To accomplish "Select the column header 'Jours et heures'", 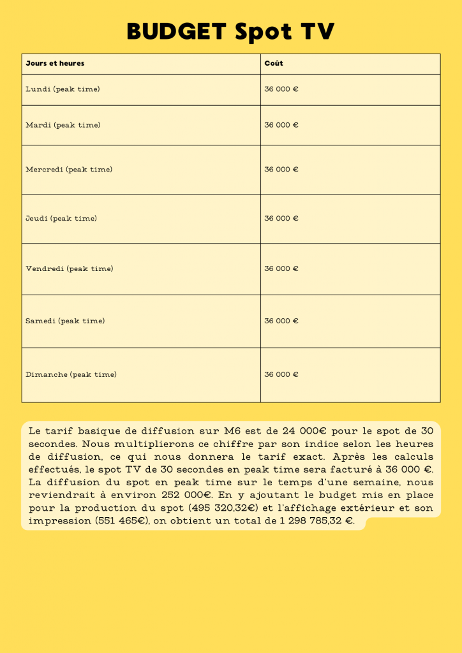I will tap(55, 64).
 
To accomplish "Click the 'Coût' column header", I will tap(274, 64).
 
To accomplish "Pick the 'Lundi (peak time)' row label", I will tap(63, 89).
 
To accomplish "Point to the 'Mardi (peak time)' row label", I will tap(63, 125).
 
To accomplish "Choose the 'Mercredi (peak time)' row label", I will tap(69, 170).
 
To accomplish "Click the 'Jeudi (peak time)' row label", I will tap(61, 219).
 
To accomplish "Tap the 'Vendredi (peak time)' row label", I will tap(70, 269).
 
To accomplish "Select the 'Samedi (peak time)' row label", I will tap(65, 321).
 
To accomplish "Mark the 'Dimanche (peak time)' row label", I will tap(71, 375).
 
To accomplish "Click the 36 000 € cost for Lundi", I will tap(281, 89).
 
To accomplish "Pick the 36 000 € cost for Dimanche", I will tap(281, 375).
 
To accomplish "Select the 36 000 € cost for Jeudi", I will tap(281, 219).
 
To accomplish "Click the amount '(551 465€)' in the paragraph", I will tap(120, 521).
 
